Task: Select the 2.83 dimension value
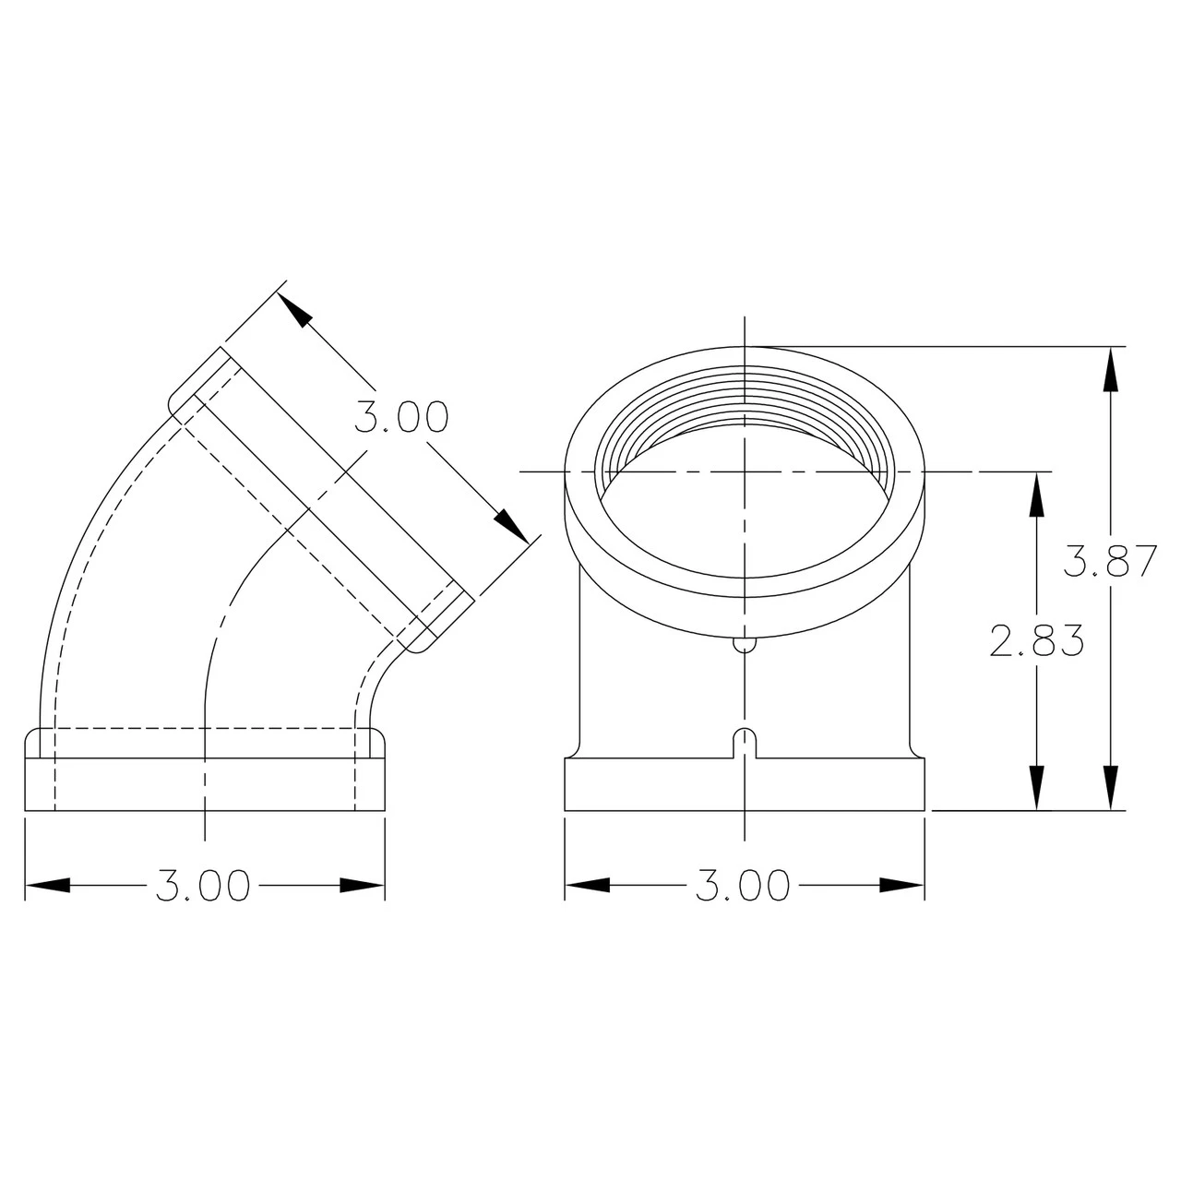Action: coord(1037,639)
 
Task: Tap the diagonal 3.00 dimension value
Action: coord(401,417)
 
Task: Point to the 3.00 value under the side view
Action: coord(204,885)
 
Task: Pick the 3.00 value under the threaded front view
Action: coord(743,885)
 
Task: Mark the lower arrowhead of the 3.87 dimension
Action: coord(1110,788)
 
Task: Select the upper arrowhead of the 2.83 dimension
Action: coord(1036,494)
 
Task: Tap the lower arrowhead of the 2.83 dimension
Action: coord(1036,788)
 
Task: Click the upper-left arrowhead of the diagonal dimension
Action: coord(293,309)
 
